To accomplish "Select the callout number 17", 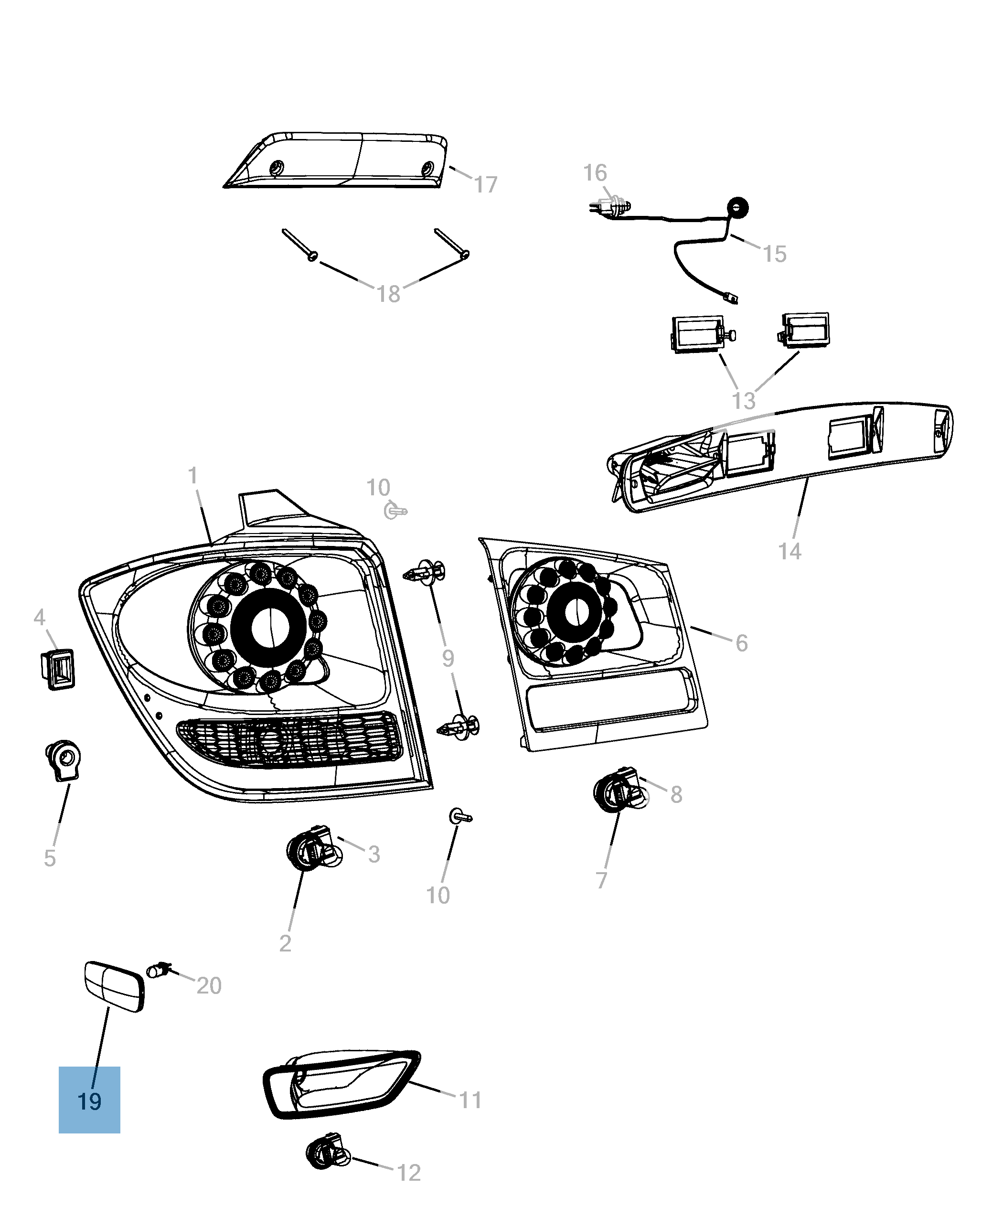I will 485,185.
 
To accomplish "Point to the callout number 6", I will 741,643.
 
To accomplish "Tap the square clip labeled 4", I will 58,669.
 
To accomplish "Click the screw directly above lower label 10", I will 460,816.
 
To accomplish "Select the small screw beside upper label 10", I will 395,511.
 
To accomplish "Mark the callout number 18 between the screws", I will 388,294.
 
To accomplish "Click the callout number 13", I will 744,400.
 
